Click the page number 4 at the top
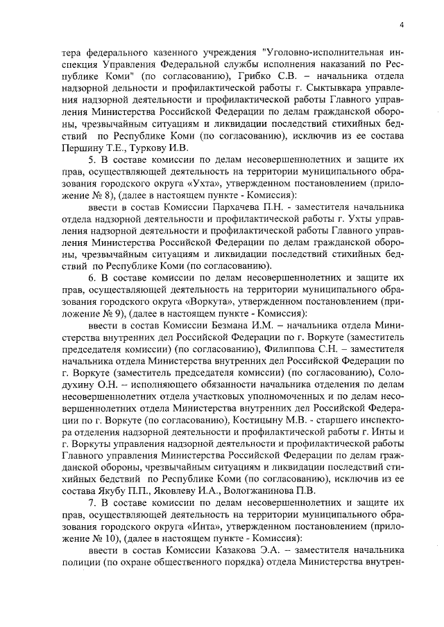tap(402, 26)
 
